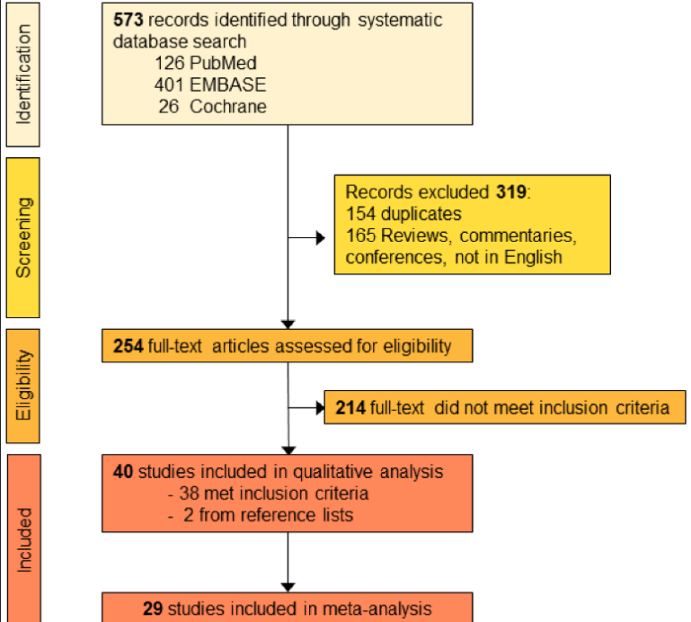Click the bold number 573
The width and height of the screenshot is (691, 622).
(128, 20)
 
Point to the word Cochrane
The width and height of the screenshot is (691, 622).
(228, 106)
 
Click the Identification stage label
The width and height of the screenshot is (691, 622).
(23, 74)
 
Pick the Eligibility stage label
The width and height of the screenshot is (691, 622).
(23, 386)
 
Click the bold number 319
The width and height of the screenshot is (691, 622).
(510, 192)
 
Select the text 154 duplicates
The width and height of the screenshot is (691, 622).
(403, 214)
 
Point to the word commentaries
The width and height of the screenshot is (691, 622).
(525, 235)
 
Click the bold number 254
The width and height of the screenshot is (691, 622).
(128, 346)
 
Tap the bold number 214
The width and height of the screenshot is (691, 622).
(350, 408)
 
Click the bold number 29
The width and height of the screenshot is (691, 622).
(153, 609)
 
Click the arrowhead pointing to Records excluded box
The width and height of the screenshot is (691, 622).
(321, 238)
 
